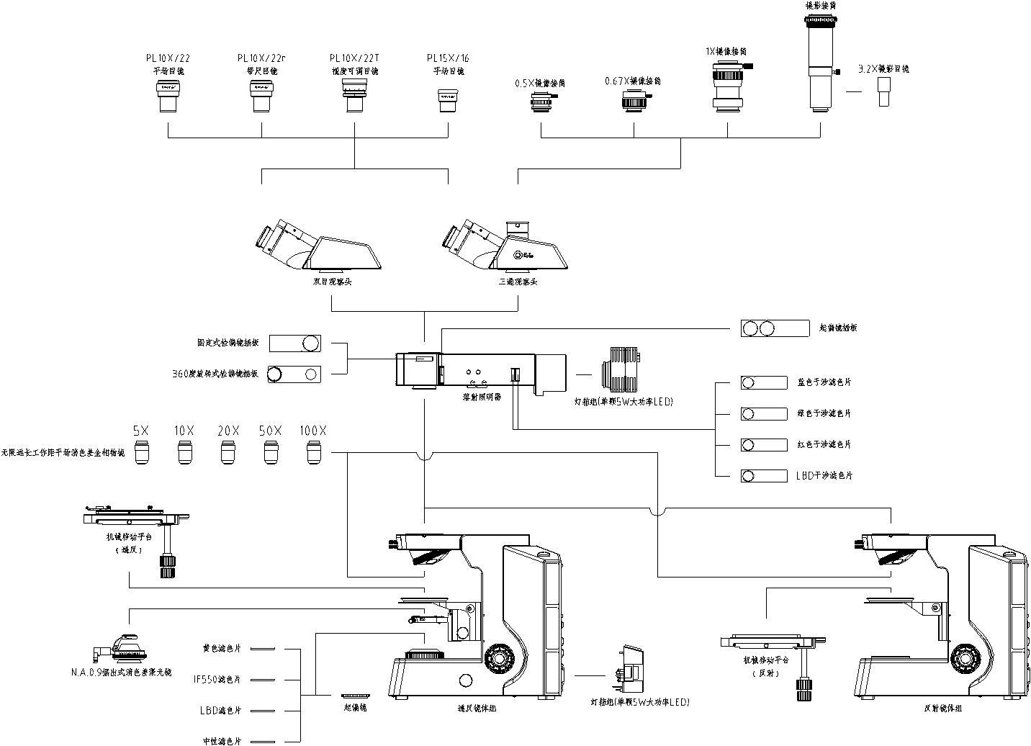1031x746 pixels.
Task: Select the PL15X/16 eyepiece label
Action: [x=447, y=58]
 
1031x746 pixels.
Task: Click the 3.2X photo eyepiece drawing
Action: [x=884, y=92]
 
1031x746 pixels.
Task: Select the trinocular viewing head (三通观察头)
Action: [x=504, y=246]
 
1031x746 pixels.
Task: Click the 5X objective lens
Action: [x=140, y=452]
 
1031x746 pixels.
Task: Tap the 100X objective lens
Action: [x=314, y=452]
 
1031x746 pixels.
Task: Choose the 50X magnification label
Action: [x=271, y=431]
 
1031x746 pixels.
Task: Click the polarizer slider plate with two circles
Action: [x=775, y=328]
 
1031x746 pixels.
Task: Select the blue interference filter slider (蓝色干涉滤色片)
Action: [x=764, y=382]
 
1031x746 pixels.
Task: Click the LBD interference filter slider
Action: [x=764, y=476]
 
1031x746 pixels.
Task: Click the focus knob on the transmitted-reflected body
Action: [x=498, y=657]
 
